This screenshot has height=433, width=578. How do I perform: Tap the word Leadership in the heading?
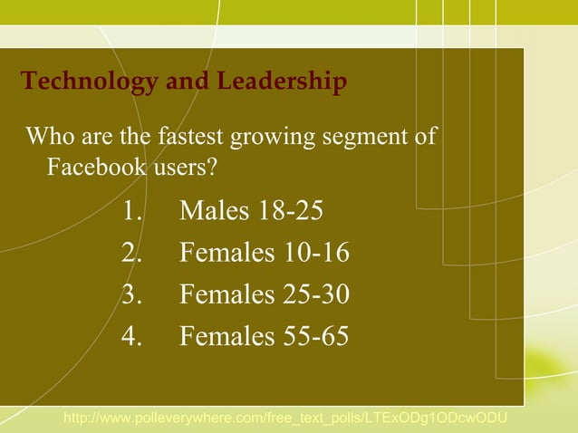point(281,82)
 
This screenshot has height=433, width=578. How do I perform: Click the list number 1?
point(131,212)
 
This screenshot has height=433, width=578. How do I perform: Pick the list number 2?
point(131,254)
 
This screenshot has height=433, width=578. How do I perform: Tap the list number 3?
point(131,295)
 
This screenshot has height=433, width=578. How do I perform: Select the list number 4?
point(131,337)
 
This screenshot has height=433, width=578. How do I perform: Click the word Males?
point(214,212)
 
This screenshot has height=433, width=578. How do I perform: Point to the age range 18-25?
point(290,212)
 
